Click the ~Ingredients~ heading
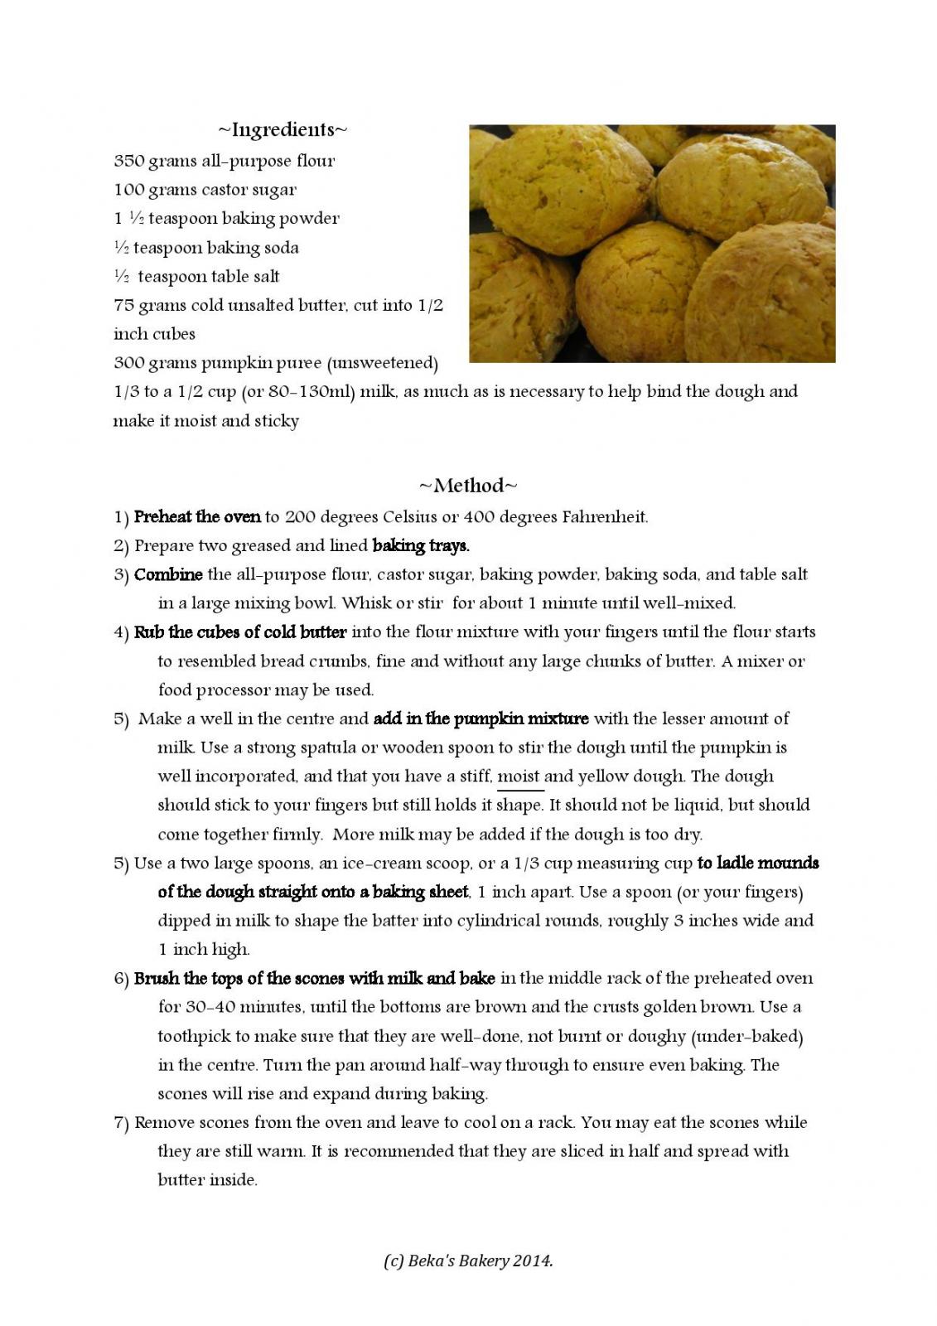pos(283,130)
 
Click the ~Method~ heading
pos(468,486)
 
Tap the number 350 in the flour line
pos(128,161)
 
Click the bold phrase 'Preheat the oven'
pos(197,517)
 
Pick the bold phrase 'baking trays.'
pos(421,546)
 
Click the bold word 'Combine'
pos(168,575)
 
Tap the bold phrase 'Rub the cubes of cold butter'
pos(240,632)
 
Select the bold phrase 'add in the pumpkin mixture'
pos(481,719)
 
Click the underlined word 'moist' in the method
pos(519,777)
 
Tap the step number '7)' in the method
pos(121,1123)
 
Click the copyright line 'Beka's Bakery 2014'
pos(468,1261)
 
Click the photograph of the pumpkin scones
pos(652,244)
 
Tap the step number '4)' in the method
pos(121,632)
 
